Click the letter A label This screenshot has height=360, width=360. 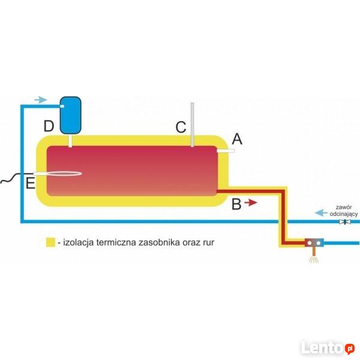[x=236, y=139]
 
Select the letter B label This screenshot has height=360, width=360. [x=236, y=204]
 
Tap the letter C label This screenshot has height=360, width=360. [x=181, y=127]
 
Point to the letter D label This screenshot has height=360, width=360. [x=49, y=126]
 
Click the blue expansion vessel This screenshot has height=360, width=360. [x=73, y=114]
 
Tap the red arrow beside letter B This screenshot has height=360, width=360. [x=251, y=203]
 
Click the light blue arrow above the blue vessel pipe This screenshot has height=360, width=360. [x=40, y=99]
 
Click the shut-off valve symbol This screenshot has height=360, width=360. [x=345, y=222]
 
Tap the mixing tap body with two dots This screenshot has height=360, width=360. [x=314, y=243]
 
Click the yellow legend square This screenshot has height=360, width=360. [x=50, y=243]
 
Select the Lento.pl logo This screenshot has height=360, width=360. [x=327, y=347]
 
